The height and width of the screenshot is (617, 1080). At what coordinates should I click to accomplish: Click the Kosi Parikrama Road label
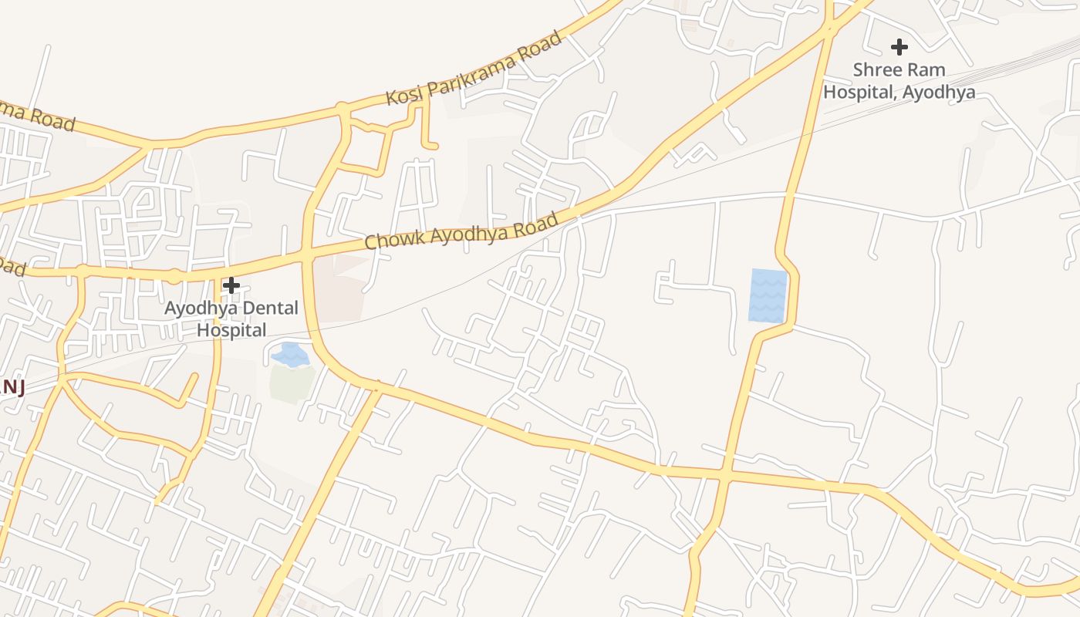click(x=474, y=69)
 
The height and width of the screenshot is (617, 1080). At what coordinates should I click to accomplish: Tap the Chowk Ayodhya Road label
click(x=461, y=231)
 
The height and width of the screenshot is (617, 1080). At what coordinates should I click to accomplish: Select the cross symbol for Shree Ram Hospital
click(x=899, y=47)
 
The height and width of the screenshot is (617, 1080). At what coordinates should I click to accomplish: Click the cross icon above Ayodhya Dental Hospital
click(x=231, y=285)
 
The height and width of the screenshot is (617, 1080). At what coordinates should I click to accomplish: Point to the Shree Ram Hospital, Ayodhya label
click(x=899, y=81)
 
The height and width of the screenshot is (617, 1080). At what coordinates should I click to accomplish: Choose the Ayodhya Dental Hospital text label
click(x=231, y=319)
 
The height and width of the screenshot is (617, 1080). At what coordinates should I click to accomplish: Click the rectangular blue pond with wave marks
click(x=768, y=295)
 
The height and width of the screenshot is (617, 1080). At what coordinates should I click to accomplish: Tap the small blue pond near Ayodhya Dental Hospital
click(x=290, y=355)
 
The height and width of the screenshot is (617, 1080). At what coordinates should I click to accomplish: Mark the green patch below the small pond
click(x=292, y=384)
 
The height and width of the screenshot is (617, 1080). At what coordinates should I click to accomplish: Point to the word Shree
click(x=876, y=70)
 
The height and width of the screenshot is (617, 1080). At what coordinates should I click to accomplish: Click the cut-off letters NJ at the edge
click(x=12, y=387)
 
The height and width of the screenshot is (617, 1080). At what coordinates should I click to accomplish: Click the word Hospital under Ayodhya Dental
click(x=231, y=330)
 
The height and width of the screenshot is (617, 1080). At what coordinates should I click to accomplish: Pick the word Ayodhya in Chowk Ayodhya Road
click(x=462, y=230)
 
